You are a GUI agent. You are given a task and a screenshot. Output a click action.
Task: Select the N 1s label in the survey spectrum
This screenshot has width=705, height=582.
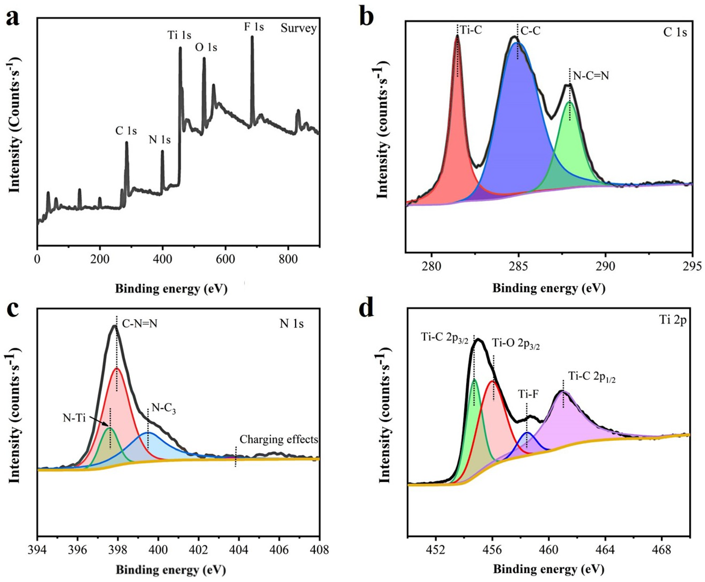pos(160,140)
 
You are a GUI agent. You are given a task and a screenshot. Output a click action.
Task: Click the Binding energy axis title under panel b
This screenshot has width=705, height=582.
pos(549,288)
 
